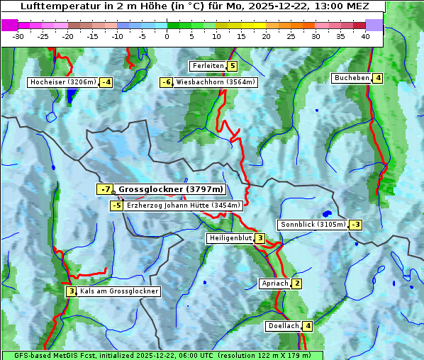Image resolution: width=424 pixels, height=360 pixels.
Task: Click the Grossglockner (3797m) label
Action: pos(170,189)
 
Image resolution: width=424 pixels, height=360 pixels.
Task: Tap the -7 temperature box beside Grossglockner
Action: pos(105,189)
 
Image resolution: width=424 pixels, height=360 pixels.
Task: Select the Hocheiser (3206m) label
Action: pos(62,82)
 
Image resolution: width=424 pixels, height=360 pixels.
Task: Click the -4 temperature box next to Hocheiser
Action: pos(106,82)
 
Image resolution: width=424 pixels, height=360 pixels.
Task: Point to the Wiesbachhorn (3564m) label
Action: pos(216,82)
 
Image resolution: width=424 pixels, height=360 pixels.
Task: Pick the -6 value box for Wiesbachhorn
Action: pos(167,82)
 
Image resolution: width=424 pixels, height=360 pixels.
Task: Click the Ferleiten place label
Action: pos(208,66)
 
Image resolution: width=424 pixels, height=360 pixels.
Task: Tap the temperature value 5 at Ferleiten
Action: pos(233,66)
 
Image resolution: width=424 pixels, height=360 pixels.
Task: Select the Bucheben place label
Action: pos(352,78)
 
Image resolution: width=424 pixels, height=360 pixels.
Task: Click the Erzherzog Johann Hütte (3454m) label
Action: pos(184,206)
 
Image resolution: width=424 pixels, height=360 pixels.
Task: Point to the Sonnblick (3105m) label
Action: pos(313,225)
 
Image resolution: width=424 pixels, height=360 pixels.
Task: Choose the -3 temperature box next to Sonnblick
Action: pos(356,225)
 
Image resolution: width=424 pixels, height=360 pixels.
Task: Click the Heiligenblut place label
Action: pos(230,238)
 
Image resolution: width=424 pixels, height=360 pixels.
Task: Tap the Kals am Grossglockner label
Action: pos(118,291)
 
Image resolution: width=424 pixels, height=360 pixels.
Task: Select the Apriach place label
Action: pos(275,283)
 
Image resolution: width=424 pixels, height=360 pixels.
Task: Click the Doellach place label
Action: pos(283,326)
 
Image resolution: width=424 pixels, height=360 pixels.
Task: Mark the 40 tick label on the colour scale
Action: pos(365,36)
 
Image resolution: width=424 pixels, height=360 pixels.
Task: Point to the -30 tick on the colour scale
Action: pos(18,36)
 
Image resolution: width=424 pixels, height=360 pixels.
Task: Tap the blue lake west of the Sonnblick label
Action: pos(326,213)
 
